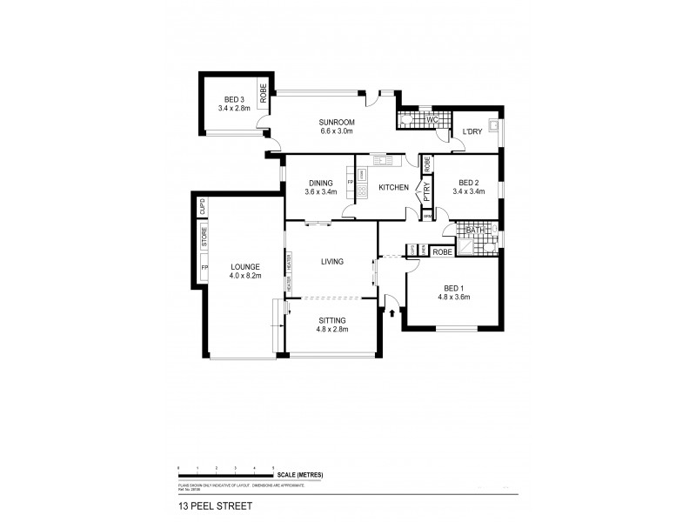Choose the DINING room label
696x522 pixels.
[x=320, y=182]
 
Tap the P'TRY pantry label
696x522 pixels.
[x=426, y=191]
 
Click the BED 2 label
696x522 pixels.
[x=472, y=182]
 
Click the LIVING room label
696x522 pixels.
[x=331, y=261]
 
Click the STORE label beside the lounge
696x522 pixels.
[x=204, y=236]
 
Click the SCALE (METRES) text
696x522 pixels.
[x=302, y=474]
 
